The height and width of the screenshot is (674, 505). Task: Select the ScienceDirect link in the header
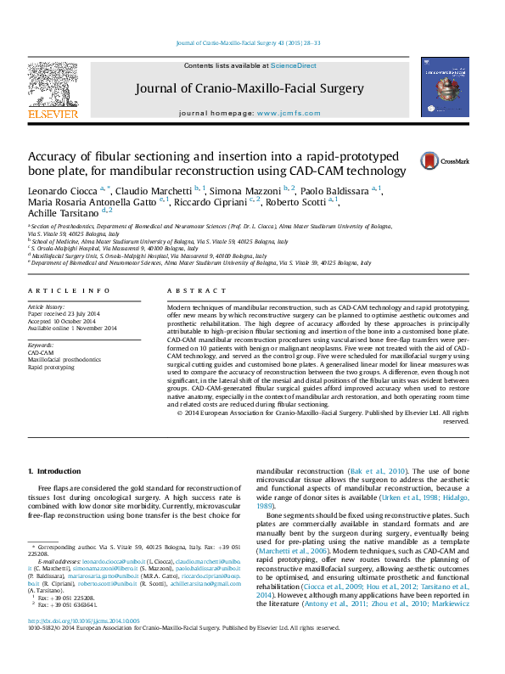coord(294,65)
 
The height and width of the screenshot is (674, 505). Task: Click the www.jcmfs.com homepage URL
coord(289,113)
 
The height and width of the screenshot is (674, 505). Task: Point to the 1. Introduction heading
coord(54,471)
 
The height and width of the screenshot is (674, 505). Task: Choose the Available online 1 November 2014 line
coord(72,329)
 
